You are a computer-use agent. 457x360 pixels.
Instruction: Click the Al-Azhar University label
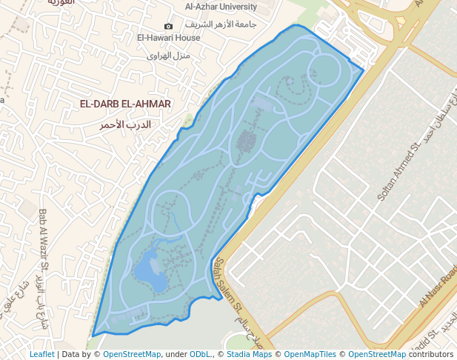click(221, 7)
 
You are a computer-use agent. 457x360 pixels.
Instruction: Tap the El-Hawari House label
click(168, 38)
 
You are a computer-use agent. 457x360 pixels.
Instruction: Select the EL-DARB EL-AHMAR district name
click(125, 104)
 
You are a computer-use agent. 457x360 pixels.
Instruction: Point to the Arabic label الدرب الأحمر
click(125, 124)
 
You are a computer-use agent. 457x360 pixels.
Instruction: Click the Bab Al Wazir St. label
click(44, 240)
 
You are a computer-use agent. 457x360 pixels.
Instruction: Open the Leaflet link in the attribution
click(42, 355)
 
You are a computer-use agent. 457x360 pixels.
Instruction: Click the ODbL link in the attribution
click(200, 355)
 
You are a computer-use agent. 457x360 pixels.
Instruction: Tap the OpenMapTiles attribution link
click(310, 355)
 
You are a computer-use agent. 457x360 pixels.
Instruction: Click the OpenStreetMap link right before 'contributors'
click(377, 355)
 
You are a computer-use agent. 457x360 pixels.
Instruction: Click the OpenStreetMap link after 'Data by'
click(132, 355)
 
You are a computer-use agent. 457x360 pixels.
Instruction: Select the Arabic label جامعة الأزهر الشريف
click(221, 24)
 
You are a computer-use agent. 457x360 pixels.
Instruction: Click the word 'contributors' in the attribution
click(431, 355)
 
